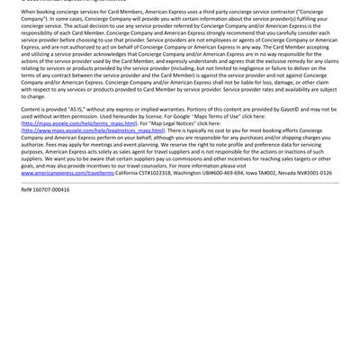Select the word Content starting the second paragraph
[x=32, y=110]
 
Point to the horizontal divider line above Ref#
[x=180, y=183]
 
